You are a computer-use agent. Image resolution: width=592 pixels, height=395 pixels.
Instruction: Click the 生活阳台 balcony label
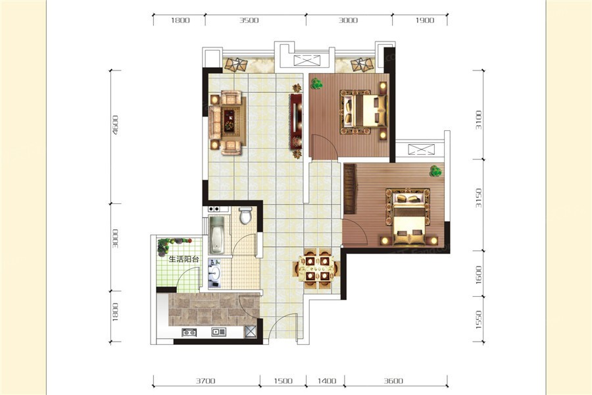pos(184,259)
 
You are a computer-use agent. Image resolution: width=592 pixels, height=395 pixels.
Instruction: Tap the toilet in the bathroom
pos(245,215)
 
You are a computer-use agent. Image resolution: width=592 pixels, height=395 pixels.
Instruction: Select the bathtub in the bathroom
pos(217,235)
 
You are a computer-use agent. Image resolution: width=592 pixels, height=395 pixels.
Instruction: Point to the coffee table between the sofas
pos(229,120)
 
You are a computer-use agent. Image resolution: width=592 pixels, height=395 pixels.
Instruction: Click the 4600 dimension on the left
pos(115,125)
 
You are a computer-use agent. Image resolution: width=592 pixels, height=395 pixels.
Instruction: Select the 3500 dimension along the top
pos(249,20)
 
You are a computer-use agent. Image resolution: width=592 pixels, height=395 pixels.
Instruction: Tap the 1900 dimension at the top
pos(425,20)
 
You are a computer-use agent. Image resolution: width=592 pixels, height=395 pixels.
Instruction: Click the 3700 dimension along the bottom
pos(205,381)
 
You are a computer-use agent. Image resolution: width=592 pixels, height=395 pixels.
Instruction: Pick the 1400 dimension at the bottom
pos(326,381)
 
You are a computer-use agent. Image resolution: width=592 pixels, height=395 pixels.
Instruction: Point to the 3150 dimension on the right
pos(479,197)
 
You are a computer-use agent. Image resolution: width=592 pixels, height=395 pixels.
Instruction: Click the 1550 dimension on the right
pos(479,320)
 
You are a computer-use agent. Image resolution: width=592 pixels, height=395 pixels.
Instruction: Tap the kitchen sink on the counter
pos(218,332)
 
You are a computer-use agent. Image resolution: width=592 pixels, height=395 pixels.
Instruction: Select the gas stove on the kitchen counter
pos(189,332)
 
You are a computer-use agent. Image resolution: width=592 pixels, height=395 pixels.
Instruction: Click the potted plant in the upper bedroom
pos(316,84)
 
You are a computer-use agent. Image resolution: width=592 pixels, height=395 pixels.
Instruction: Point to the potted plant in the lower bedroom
pos(435,171)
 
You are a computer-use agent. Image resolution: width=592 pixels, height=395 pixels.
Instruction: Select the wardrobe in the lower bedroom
pos(350,189)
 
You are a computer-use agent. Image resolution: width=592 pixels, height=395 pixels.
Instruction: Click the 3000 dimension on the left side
pos(115,238)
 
